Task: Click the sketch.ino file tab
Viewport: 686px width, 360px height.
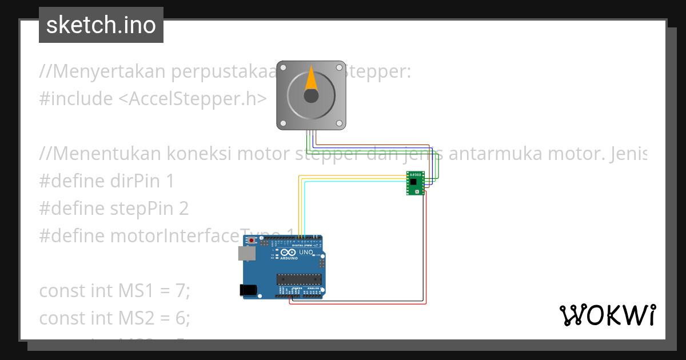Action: pos(101,25)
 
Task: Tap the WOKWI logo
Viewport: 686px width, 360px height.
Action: pos(607,315)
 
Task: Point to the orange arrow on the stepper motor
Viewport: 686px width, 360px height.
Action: pos(311,79)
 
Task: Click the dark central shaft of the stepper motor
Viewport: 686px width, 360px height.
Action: pos(311,95)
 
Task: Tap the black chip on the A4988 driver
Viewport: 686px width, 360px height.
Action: pos(413,182)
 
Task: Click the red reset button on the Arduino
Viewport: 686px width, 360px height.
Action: pos(250,241)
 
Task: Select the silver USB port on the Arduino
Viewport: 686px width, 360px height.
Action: pos(246,254)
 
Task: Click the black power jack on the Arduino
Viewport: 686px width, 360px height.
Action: pos(248,290)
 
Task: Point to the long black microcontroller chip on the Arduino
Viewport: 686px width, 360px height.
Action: pos(297,279)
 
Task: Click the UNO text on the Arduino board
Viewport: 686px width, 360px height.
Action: pos(306,252)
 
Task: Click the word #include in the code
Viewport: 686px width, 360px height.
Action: pos(76,99)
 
